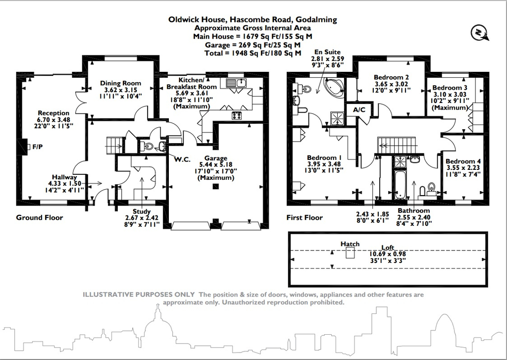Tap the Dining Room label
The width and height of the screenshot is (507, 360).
(x=121, y=83)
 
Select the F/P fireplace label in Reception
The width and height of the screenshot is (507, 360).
(x=38, y=147)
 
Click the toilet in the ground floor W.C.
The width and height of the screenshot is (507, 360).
(x=147, y=146)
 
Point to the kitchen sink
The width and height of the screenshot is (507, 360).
(x=236, y=83)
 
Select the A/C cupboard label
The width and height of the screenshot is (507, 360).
(x=359, y=109)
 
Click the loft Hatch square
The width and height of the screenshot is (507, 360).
(x=350, y=253)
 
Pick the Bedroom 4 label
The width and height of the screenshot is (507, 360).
(x=462, y=161)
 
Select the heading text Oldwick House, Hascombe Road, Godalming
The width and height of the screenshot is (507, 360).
(x=253, y=20)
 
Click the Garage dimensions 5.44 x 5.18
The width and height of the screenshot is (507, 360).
(x=215, y=165)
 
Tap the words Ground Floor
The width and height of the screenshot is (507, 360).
(x=40, y=217)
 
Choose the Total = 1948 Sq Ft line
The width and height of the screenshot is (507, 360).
(x=253, y=53)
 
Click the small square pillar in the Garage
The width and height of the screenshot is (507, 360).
(x=215, y=187)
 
